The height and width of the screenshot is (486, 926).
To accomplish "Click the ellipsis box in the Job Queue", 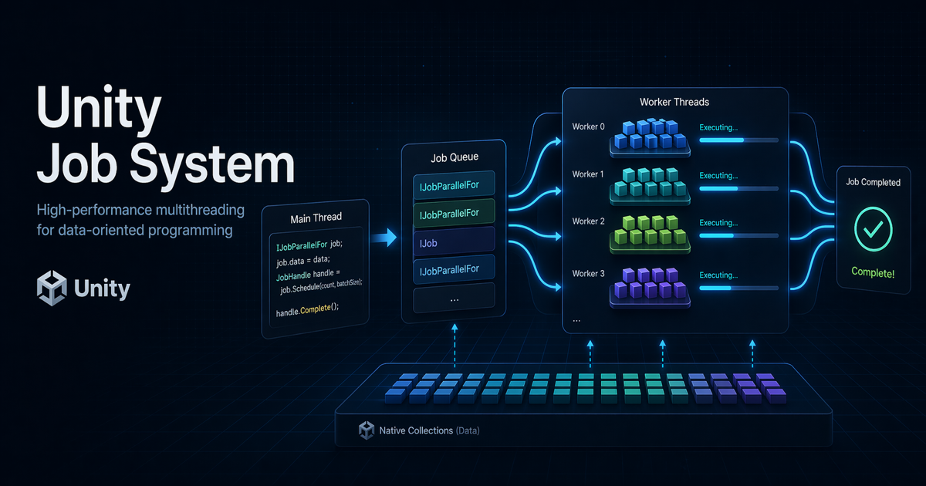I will coord(453,299).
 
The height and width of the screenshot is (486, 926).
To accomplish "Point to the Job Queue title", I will coord(453,157).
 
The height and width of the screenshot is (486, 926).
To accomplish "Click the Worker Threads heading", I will coord(674,102).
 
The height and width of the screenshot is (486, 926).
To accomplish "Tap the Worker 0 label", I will coord(588,127).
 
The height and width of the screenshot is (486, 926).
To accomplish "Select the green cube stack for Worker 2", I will coord(650,230).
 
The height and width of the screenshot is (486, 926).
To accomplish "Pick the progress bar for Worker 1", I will coord(738,188).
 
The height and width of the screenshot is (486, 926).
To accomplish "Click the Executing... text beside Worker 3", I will coord(718,274).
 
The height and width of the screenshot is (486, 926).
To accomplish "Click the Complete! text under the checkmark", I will coord(873,272).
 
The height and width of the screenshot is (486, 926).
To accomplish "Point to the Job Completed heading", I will coord(873,183).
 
